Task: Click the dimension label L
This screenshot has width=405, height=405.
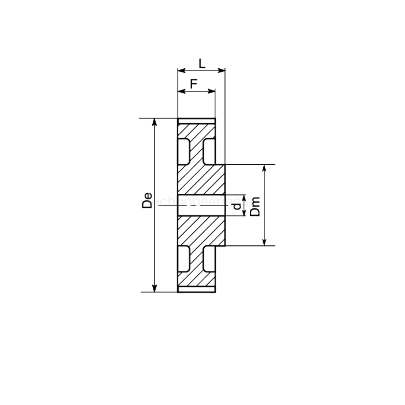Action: tap(201, 62)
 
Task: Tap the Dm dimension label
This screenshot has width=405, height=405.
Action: tap(256, 205)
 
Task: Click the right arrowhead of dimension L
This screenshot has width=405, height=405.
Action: tap(222, 71)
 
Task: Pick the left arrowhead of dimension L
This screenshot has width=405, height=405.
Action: tap(181, 71)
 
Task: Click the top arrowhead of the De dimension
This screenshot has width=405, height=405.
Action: tap(154, 122)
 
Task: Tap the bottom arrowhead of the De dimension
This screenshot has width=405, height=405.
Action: tap(154, 289)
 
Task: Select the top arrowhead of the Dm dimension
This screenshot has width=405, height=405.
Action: tap(264, 168)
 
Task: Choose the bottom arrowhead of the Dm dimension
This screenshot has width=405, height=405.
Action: tap(264, 242)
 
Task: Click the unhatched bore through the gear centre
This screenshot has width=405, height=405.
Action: tap(201, 205)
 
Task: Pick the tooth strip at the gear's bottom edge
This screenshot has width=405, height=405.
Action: tap(196, 289)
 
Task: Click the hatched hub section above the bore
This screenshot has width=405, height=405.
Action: tap(201, 179)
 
